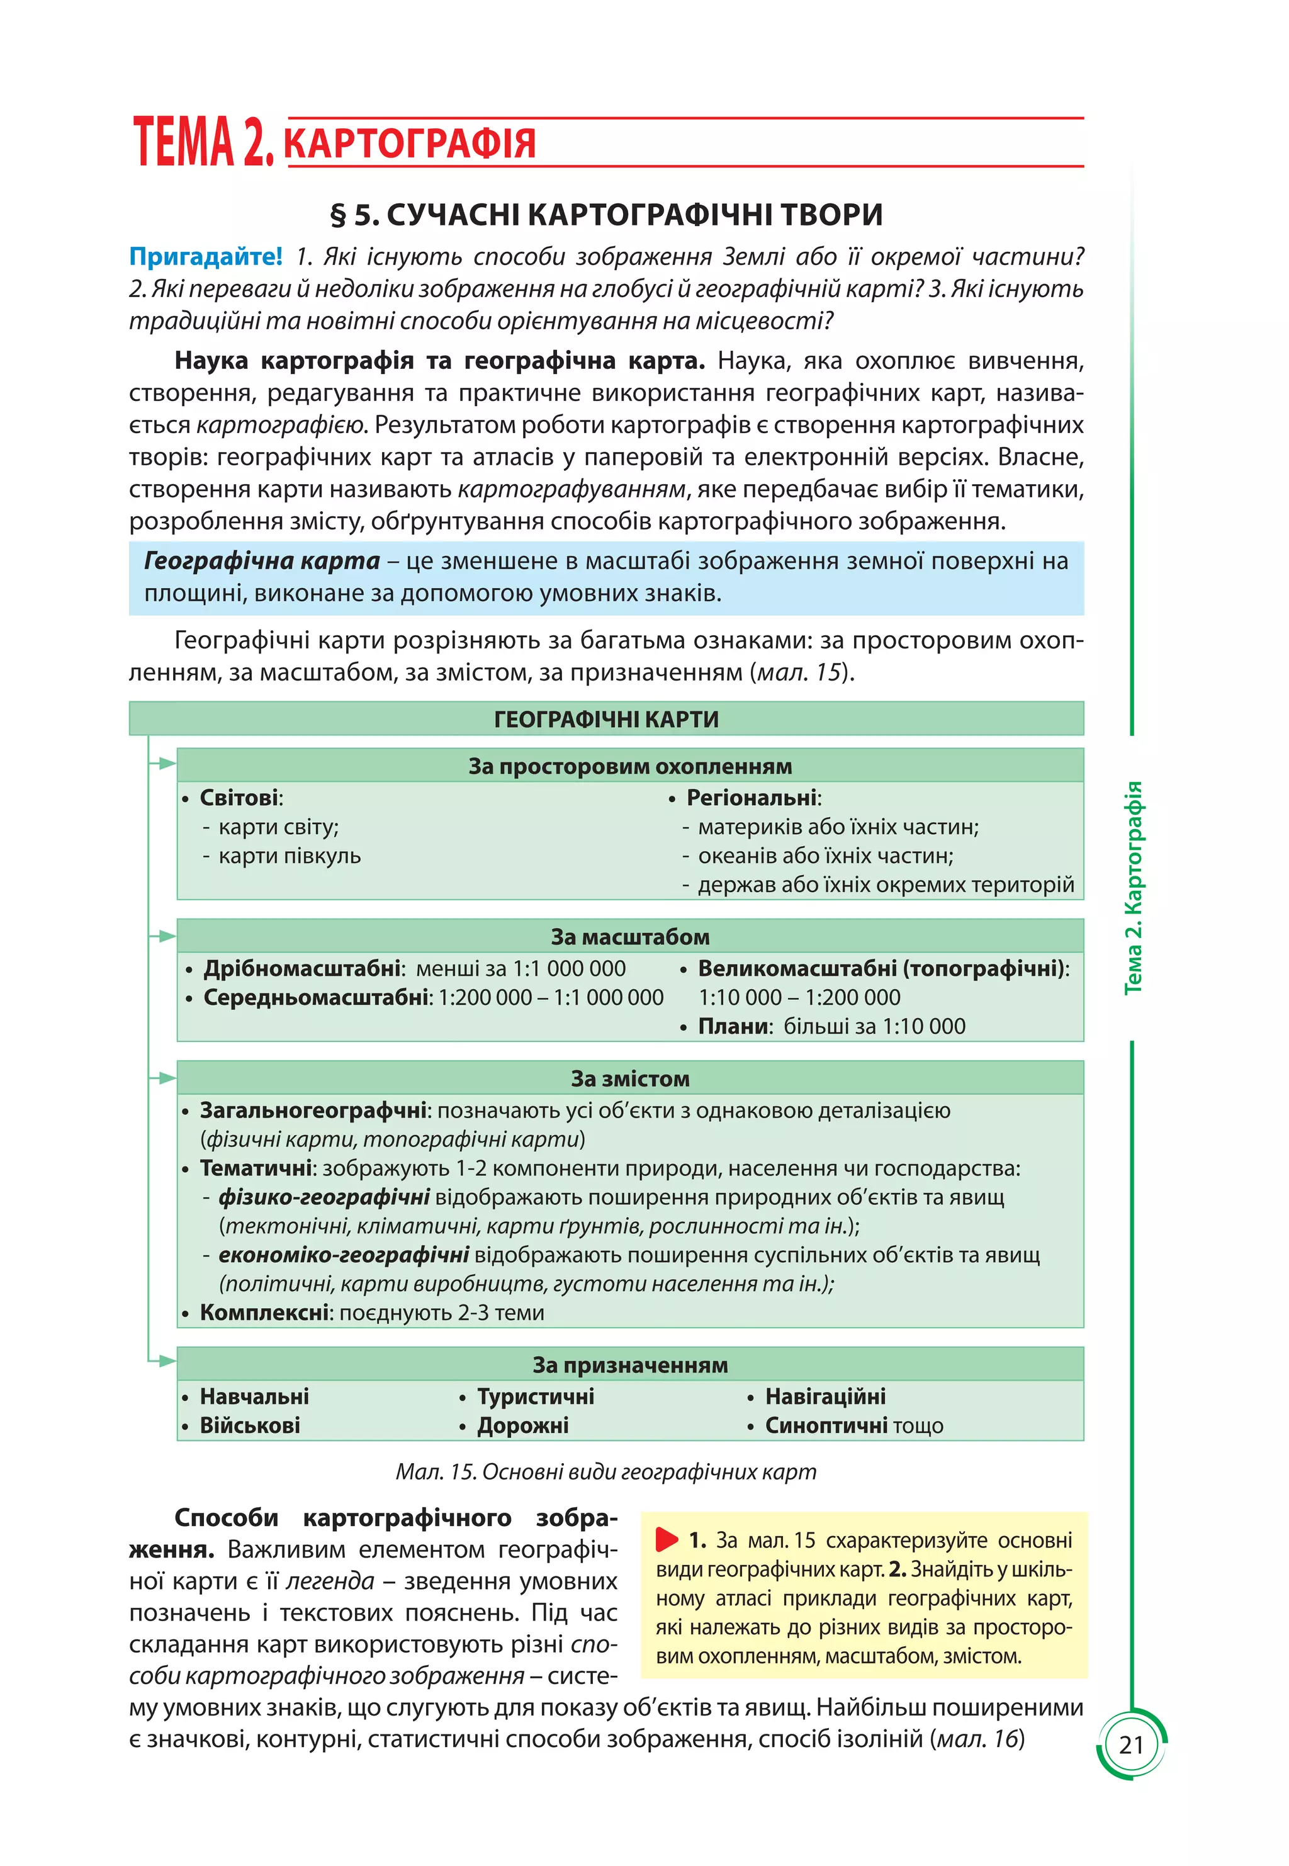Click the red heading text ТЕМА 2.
click(203, 142)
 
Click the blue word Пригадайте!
click(206, 257)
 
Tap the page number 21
click(1130, 1745)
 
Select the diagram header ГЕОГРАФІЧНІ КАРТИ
click(605, 719)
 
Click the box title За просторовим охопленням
click(630, 766)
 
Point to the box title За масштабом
click(630, 936)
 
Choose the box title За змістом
click(630, 1078)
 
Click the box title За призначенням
click(630, 1364)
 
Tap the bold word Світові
click(239, 798)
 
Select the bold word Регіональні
click(751, 798)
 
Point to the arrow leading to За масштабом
click(164, 936)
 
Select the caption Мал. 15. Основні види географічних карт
click(605, 1471)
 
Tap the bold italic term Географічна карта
click(262, 560)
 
